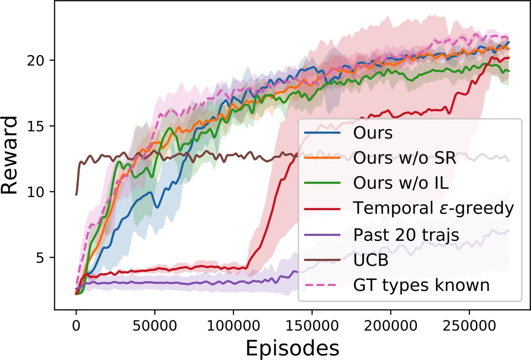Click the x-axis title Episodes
(x=292, y=348)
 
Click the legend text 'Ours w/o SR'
(x=404, y=158)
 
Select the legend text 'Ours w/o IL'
(x=401, y=183)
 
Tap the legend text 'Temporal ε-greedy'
(x=434, y=208)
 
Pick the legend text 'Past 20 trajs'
(x=406, y=234)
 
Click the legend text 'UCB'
(x=371, y=260)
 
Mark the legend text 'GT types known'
(x=421, y=285)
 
